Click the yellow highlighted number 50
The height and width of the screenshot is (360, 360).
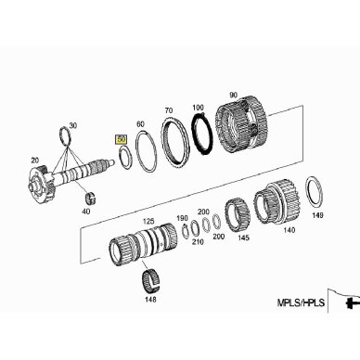pyautogui.click(x=121, y=139)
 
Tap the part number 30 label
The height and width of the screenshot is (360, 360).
pyautogui.click(x=72, y=125)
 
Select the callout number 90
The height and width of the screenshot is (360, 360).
pyautogui.click(x=233, y=95)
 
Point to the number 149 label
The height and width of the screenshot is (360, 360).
pyautogui.click(x=317, y=215)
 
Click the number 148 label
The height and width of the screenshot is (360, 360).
pyautogui.click(x=150, y=299)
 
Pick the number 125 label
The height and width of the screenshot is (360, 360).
pyautogui.click(x=148, y=222)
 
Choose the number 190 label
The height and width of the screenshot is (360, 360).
pyautogui.click(x=182, y=219)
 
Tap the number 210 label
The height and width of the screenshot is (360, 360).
pyautogui.click(x=198, y=242)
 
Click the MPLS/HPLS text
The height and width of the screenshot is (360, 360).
pyautogui.click(x=301, y=302)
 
